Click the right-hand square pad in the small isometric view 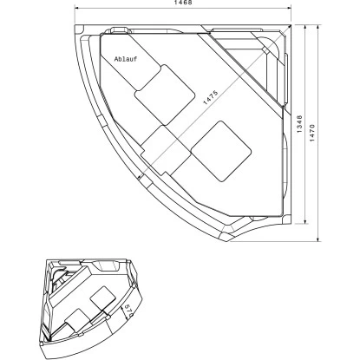tap(103, 296)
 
